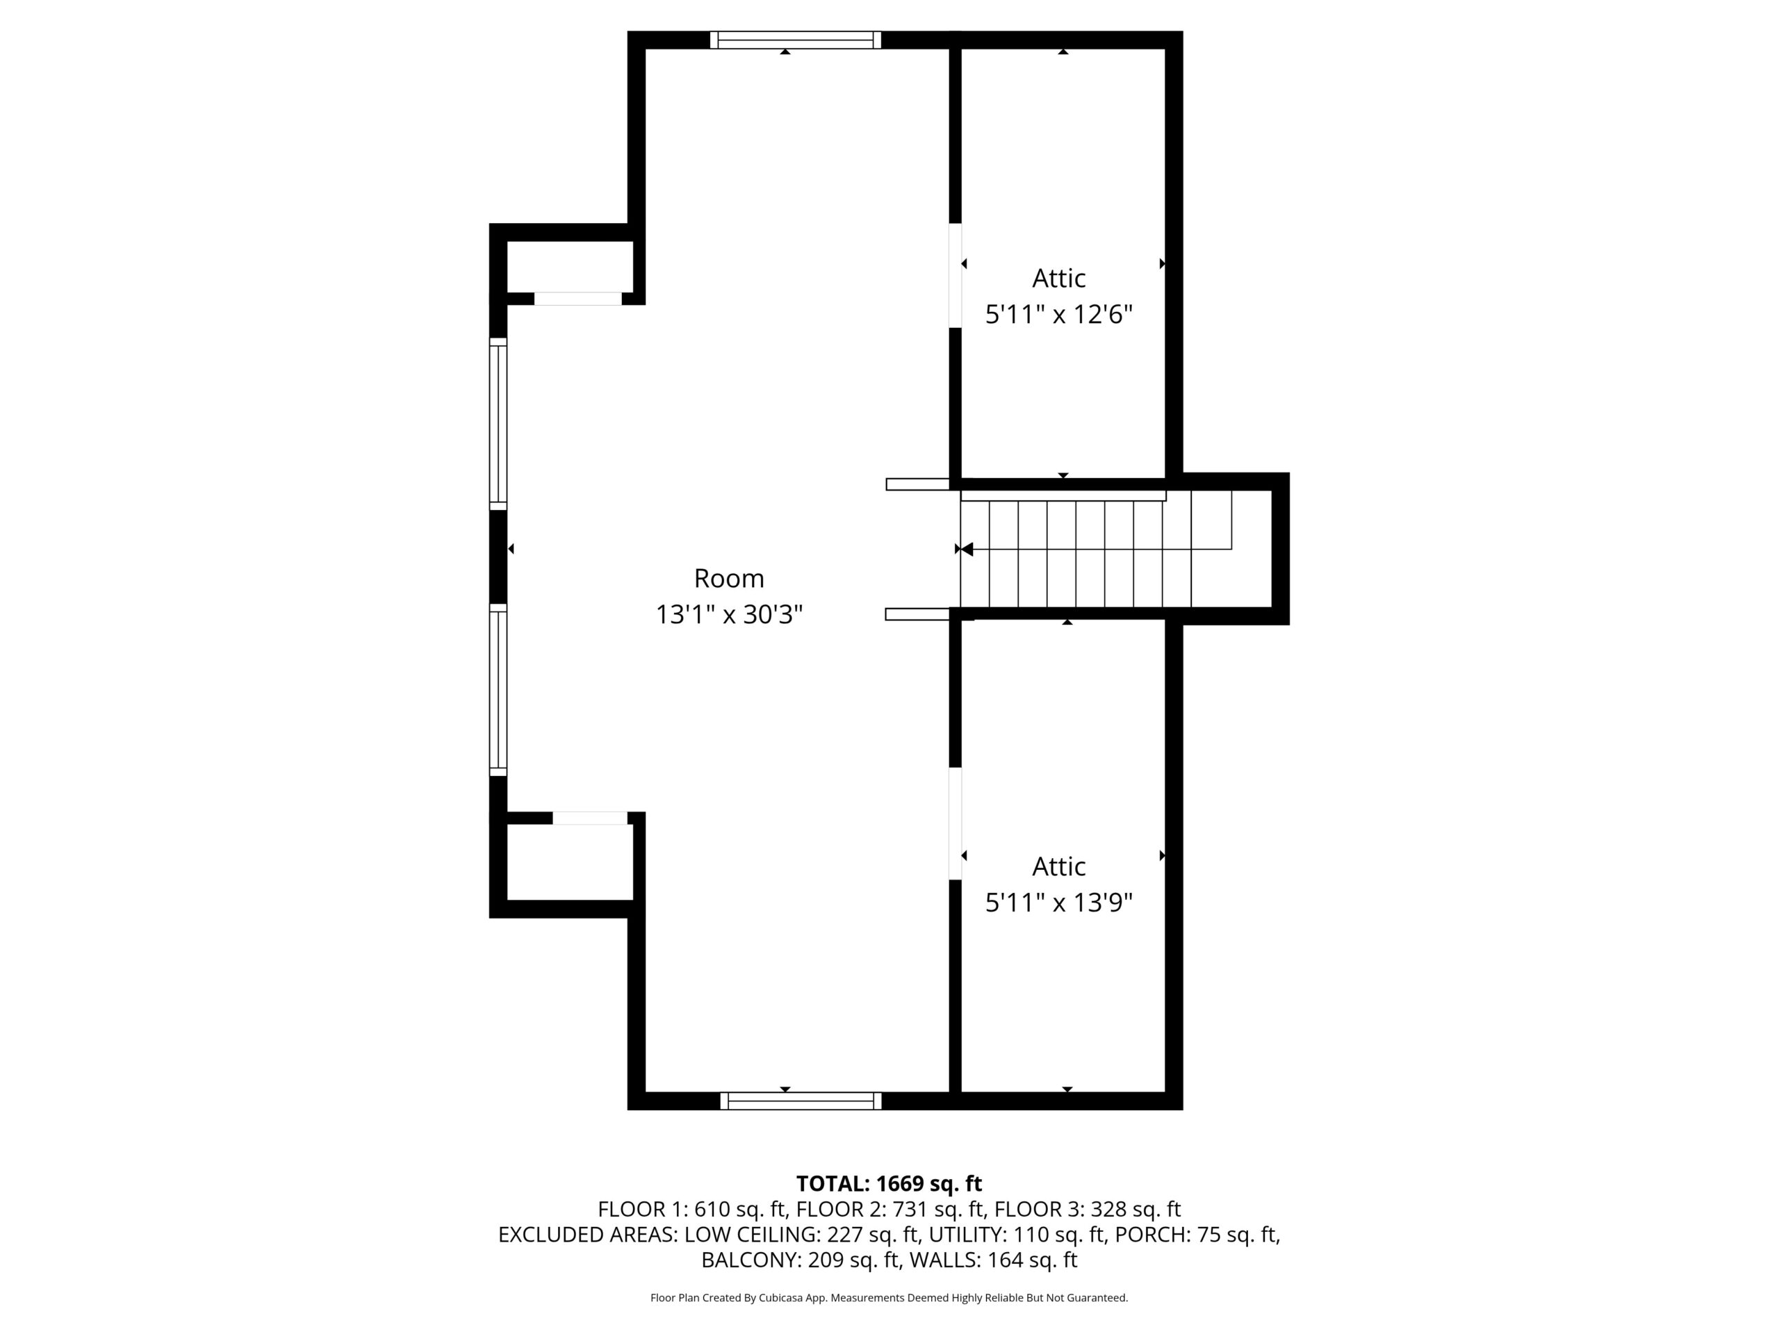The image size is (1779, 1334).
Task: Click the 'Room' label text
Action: coord(729,578)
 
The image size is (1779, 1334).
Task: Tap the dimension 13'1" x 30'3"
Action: coord(729,615)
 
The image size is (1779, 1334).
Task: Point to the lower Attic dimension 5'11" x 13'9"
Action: coord(1059,903)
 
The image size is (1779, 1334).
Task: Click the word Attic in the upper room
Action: coord(1059,278)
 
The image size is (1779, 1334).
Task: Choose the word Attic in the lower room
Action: coord(1059,867)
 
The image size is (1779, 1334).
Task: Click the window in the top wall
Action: coord(796,40)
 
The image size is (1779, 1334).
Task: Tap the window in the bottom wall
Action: coord(801,1101)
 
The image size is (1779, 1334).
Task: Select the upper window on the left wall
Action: coord(499,424)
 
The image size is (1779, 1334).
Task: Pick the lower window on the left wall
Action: coord(499,690)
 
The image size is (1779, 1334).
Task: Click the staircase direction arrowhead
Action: coord(967,549)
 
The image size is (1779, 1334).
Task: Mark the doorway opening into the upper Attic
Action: coord(956,275)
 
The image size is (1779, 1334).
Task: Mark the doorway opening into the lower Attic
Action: coord(956,823)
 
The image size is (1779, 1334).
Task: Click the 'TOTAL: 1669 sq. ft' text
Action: coord(889,1184)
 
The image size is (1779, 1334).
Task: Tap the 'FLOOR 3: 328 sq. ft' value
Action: coord(1088,1210)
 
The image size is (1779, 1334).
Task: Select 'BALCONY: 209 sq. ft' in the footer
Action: coord(801,1260)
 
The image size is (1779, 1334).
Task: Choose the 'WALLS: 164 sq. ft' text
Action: coord(993,1260)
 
